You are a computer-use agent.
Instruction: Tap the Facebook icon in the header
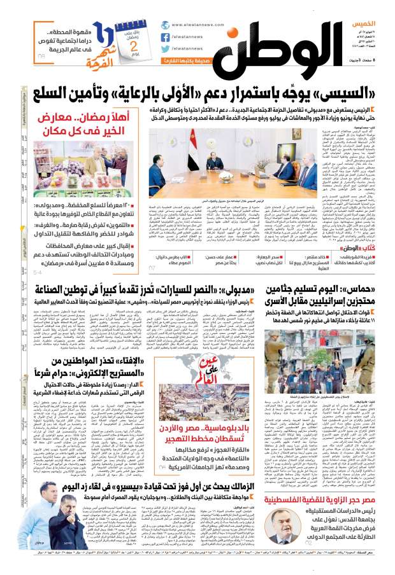(165, 36)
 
